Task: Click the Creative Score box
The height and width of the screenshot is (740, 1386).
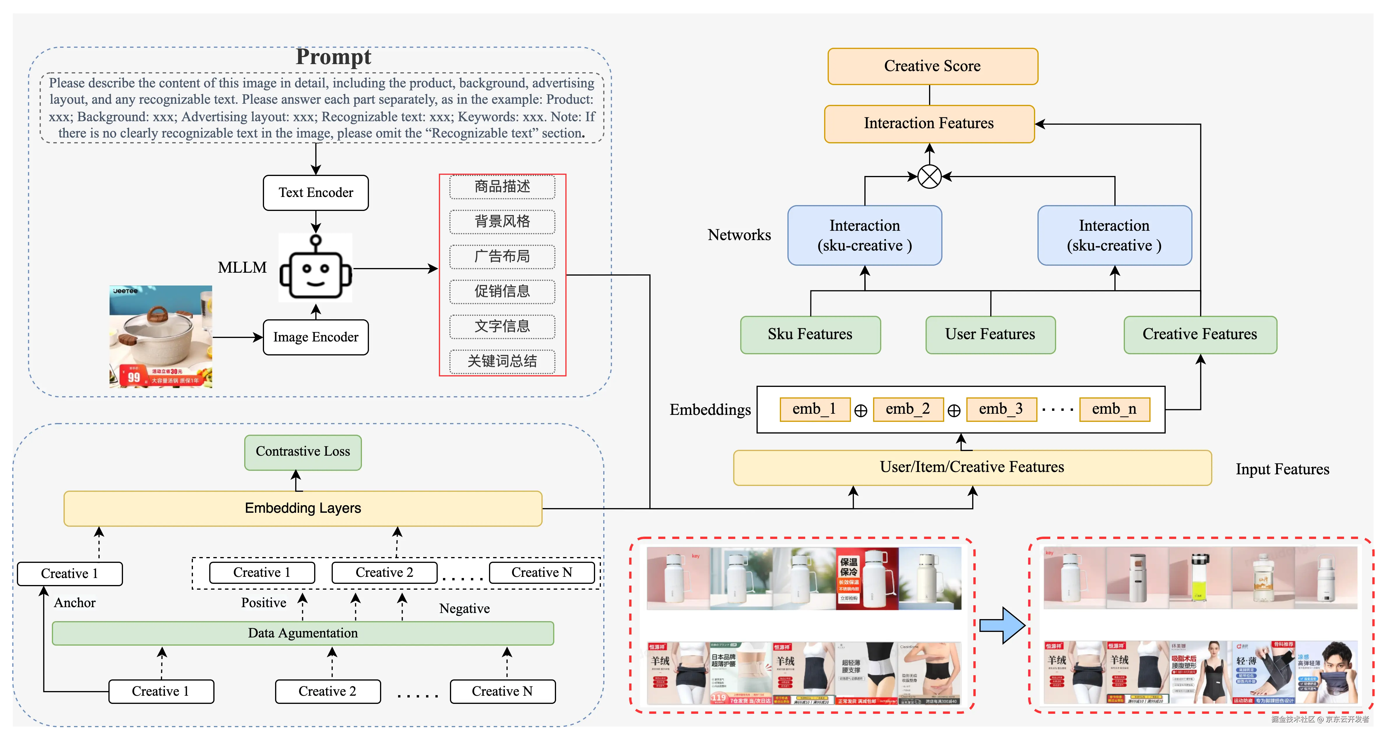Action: (x=933, y=66)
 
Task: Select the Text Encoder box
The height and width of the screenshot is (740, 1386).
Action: (x=316, y=193)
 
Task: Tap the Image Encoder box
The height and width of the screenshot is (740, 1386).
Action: (x=316, y=337)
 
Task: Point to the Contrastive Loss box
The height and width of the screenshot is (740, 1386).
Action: (x=303, y=452)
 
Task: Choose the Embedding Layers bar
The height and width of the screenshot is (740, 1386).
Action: (x=303, y=508)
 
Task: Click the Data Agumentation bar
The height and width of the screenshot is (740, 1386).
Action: (x=303, y=633)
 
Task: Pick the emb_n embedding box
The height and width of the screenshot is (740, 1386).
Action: (x=1114, y=409)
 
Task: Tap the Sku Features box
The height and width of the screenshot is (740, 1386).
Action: (x=810, y=334)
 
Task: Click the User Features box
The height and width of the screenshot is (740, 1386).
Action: (x=990, y=334)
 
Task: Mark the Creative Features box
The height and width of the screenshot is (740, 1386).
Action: (x=1200, y=334)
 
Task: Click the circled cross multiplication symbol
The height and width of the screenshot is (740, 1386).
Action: (x=929, y=176)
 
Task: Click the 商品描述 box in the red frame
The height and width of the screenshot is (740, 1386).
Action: (x=502, y=187)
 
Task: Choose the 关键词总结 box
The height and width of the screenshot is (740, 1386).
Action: (x=502, y=361)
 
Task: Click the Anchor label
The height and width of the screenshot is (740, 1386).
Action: (x=75, y=603)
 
